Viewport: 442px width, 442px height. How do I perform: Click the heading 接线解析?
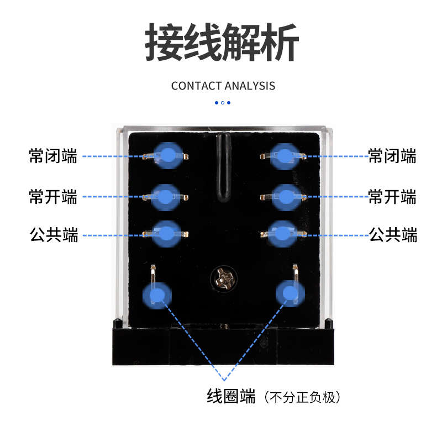[x=222, y=43]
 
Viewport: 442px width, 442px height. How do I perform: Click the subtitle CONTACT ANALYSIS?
[x=223, y=86]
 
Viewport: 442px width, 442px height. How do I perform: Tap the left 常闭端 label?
[x=53, y=156]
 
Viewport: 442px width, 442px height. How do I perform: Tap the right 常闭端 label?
[x=392, y=156]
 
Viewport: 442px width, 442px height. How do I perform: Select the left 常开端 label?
[x=53, y=196]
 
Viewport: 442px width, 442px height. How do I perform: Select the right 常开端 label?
[x=392, y=196]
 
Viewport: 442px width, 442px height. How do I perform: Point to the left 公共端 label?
[x=53, y=235]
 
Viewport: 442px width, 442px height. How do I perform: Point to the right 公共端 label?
[x=393, y=235]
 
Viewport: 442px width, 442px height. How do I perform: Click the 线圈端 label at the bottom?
[x=231, y=396]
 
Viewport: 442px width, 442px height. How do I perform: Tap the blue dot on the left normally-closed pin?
[x=166, y=155]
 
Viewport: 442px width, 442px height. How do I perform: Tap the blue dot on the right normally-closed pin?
[x=282, y=155]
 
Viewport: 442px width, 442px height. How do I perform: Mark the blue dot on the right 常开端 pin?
[x=283, y=196]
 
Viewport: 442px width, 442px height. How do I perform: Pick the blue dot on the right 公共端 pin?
[x=283, y=233]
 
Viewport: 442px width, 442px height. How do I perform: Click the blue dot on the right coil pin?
[x=289, y=293]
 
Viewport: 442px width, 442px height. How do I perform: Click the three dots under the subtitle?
[x=222, y=102]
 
